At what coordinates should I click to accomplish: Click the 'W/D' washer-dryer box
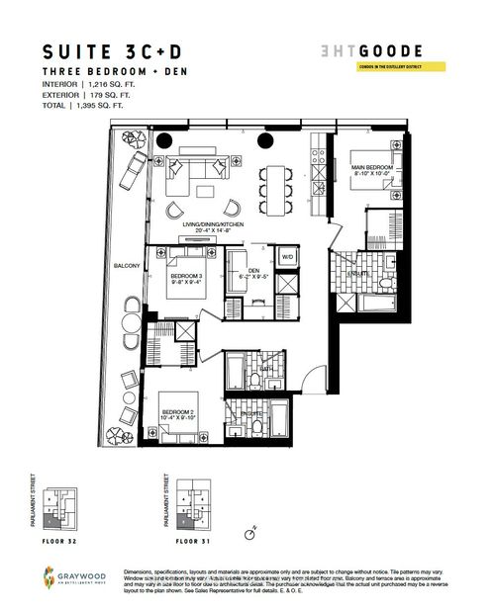289,258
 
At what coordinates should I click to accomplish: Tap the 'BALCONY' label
127,265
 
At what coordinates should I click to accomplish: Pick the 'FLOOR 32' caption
61,543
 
